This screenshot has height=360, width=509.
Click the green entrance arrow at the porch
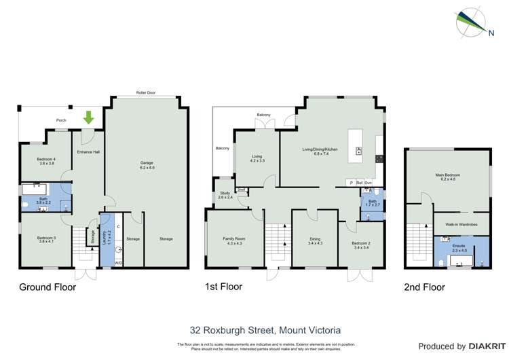pos(88,119)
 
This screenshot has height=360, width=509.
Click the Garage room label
pos(147,165)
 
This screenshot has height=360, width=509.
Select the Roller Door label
pos(146,92)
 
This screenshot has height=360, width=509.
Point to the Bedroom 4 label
pos(46,161)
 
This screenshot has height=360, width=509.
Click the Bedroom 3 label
pos(46,239)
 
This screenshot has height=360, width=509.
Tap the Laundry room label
pos(105,237)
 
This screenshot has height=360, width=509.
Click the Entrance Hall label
pos(88,152)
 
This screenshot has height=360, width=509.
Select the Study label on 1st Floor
pos(225,196)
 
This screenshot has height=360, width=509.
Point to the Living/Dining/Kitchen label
pos(320,151)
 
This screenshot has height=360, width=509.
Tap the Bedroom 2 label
pos(361,245)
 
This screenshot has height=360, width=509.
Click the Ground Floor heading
pos(47,287)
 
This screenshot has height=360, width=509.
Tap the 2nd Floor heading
pos(425,287)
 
